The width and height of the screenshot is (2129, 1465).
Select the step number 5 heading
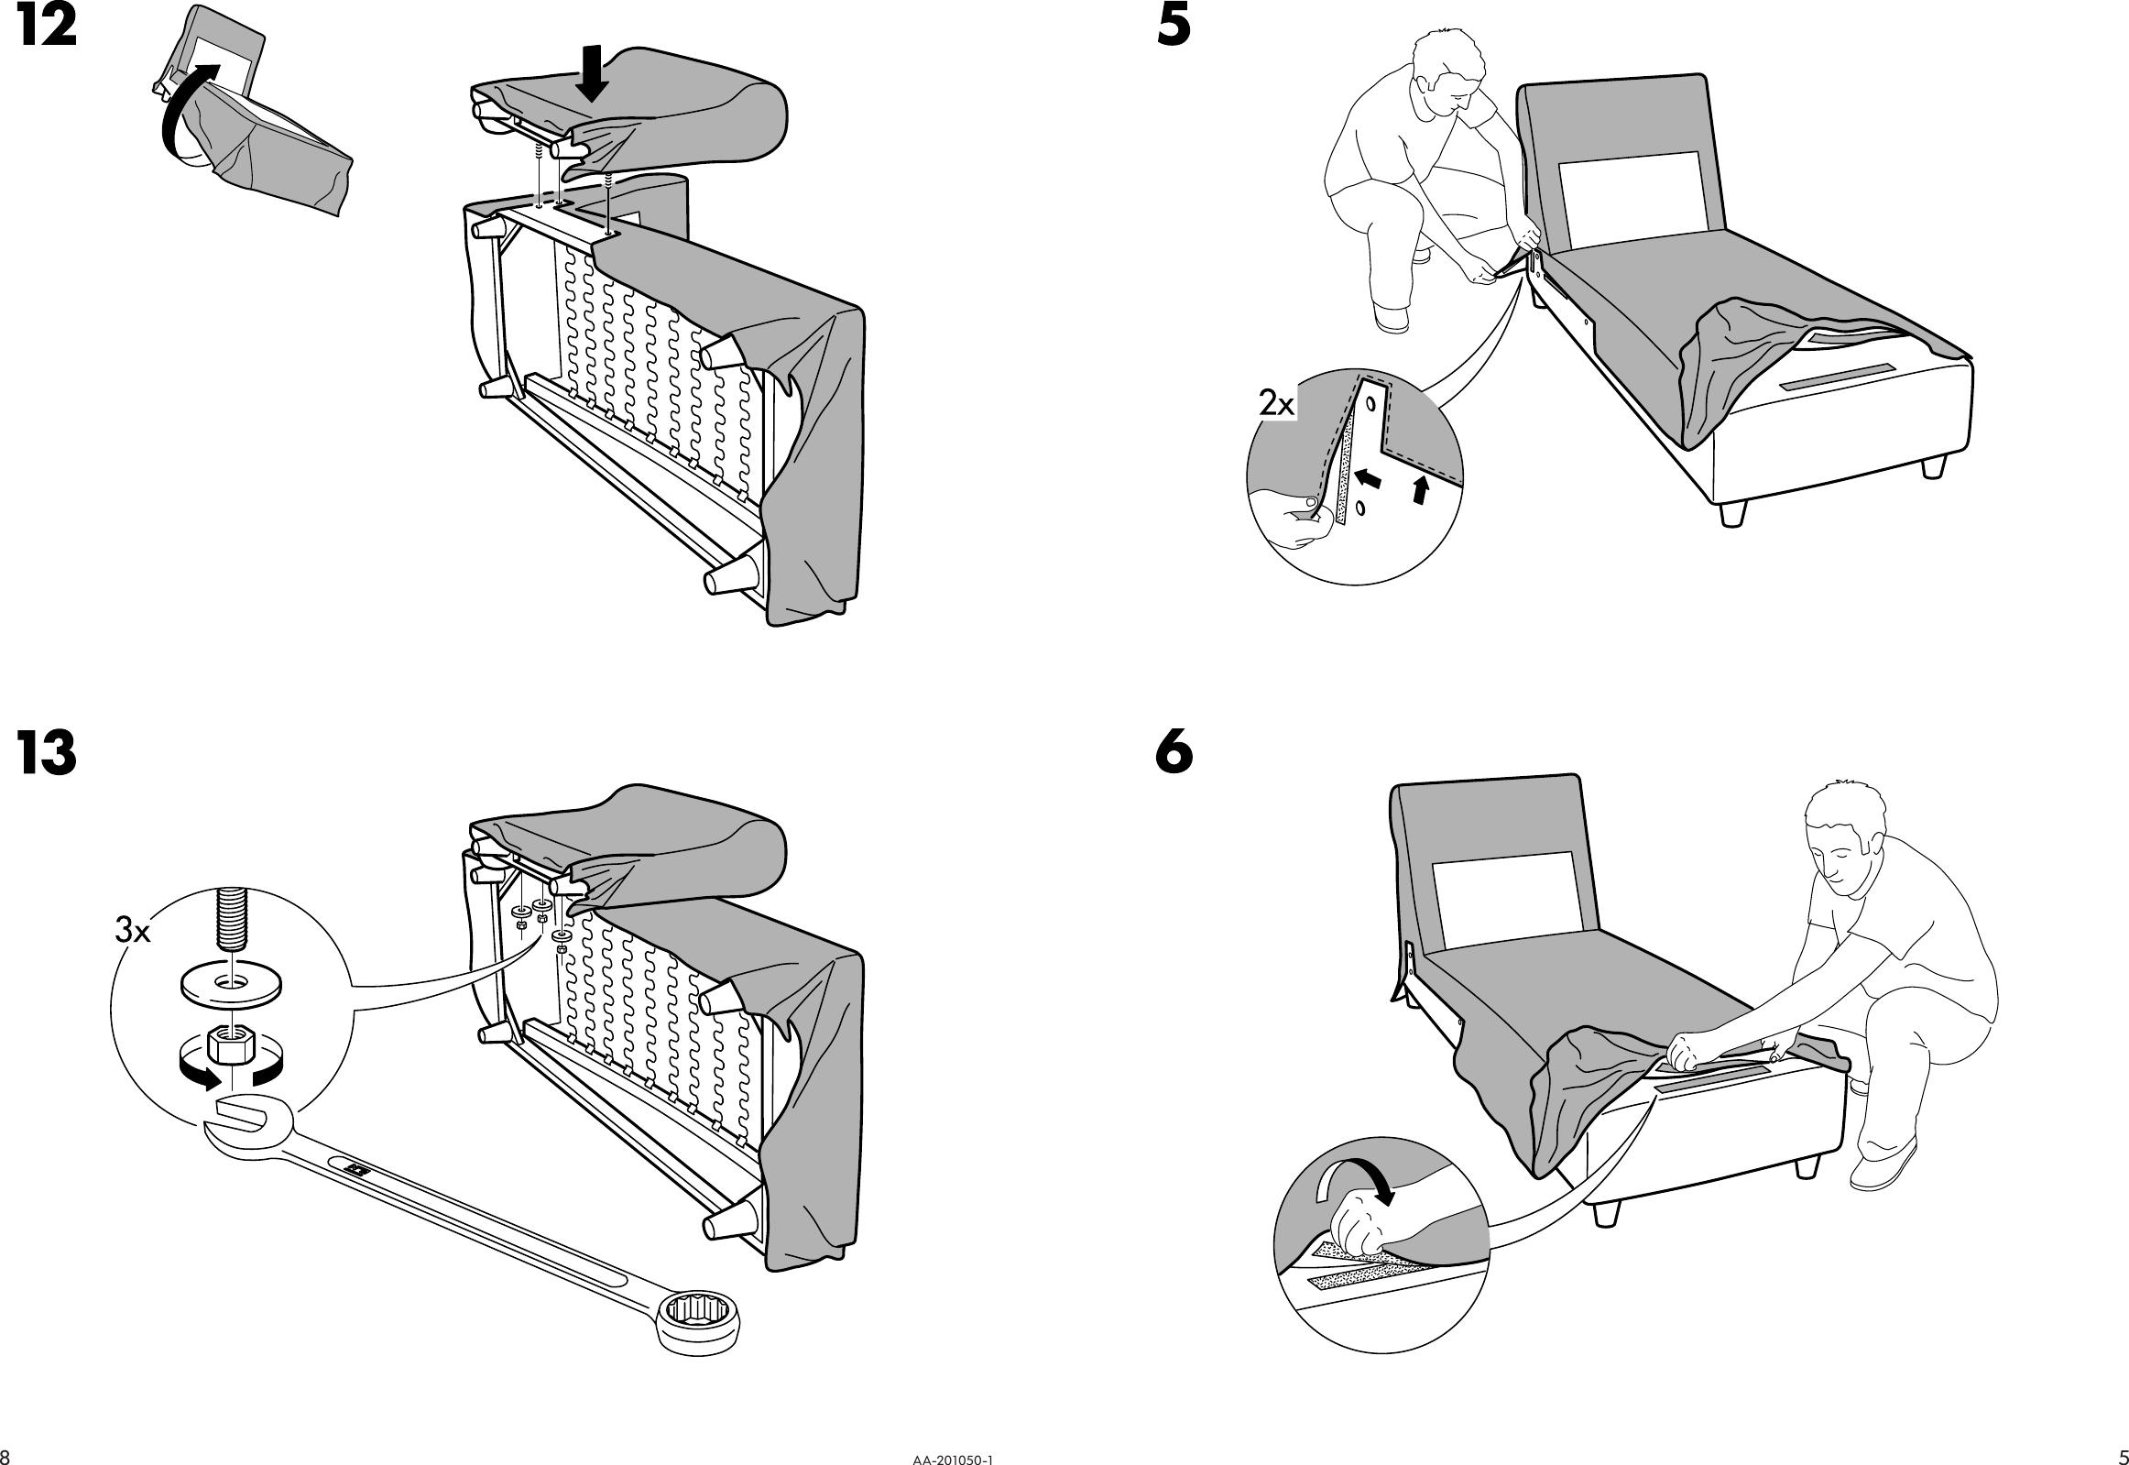point(1174,27)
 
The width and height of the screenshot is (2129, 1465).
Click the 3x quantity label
point(132,932)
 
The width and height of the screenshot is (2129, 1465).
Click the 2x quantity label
point(1275,403)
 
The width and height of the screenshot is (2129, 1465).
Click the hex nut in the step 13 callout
point(232,1042)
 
